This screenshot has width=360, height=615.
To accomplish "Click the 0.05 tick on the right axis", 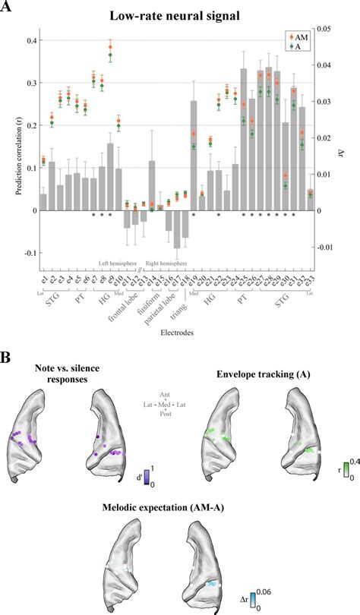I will point(326,29).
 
